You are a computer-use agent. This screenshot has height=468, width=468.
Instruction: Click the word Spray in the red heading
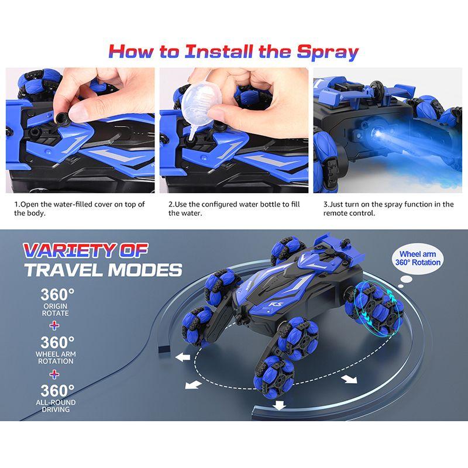[x=328, y=52]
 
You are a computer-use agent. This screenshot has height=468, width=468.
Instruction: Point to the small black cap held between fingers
[x=63, y=119]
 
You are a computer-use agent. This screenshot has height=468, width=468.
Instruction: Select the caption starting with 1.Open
[x=80, y=209]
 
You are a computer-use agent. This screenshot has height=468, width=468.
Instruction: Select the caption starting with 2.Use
[x=234, y=209]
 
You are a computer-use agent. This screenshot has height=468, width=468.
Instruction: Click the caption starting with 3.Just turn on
[x=388, y=209]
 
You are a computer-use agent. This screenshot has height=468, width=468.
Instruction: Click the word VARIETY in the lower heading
[x=70, y=250]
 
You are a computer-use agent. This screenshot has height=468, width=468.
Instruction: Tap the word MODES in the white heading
[x=145, y=270]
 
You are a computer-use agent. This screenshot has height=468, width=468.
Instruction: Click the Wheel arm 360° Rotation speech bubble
[x=418, y=259]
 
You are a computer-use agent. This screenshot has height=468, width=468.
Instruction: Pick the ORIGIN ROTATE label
[x=56, y=309]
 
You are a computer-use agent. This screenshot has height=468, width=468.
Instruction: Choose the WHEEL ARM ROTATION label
[x=56, y=357]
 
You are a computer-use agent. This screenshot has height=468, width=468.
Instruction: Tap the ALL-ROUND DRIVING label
[x=56, y=405]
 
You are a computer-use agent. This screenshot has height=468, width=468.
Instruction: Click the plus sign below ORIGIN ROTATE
[x=54, y=325]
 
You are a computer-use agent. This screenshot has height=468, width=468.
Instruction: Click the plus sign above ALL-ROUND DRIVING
[x=54, y=374]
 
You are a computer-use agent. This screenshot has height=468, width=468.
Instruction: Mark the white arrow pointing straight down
[x=280, y=405]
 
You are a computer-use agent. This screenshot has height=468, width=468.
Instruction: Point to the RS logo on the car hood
[x=273, y=305]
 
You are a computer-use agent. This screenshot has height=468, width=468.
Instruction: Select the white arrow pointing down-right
[x=349, y=379]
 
